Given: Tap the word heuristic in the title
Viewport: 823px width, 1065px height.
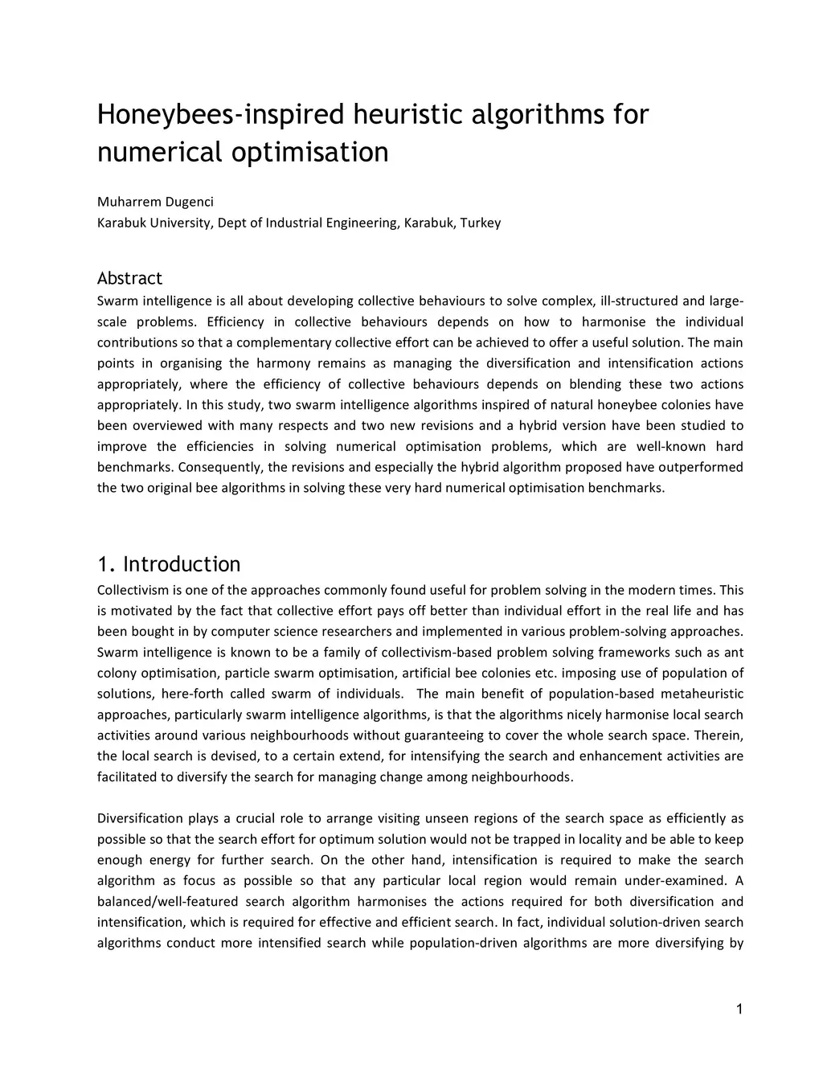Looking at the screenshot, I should pos(405,115).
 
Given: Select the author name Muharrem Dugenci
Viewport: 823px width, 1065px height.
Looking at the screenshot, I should pos(155,202).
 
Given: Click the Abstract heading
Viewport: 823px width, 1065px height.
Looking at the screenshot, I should pos(129,278).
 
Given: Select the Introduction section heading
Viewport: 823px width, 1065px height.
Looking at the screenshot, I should pos(181,563).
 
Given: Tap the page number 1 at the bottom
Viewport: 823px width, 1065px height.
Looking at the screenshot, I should pos(739,1010).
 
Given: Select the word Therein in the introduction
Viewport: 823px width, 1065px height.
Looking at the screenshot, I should pos(720,735).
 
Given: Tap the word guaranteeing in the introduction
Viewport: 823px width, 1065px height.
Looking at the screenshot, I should pos(443,735).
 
